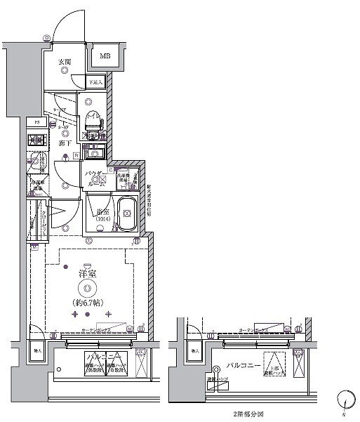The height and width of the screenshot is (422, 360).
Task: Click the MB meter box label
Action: coord(104,56)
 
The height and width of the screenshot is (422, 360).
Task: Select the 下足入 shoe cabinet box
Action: coord(96,82)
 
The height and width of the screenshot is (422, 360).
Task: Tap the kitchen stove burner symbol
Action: coord(38,139)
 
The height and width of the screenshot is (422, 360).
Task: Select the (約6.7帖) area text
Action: coord(88,303)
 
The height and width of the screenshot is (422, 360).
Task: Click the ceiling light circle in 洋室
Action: coord(88,289)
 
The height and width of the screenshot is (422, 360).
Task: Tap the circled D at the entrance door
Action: coord(46,37)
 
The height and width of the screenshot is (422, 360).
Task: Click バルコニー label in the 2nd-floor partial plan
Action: coord(243,365)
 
